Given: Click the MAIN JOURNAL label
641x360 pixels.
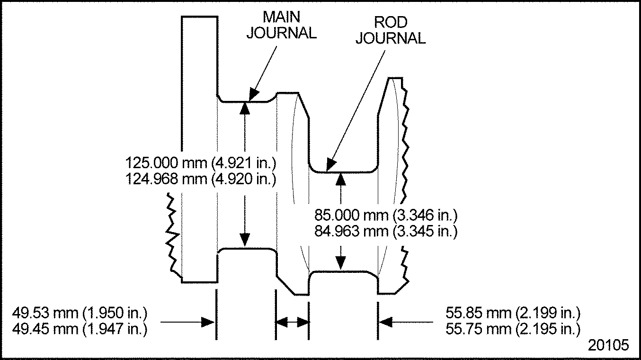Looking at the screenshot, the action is tap(282, 25).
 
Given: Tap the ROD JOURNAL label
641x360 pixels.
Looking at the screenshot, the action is tap(391, 30).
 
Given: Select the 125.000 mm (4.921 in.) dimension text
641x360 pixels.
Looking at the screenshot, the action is tap(201, 163).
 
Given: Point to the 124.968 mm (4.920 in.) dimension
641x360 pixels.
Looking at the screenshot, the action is tap(201, 179).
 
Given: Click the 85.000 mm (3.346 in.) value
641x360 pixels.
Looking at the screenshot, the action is tap(386, 215).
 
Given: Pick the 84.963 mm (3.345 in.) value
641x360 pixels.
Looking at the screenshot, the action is tap(386, 231).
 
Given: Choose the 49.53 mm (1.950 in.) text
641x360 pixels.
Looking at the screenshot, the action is tap(80, 313).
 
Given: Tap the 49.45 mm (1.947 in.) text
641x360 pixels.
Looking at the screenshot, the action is tap(80, 329).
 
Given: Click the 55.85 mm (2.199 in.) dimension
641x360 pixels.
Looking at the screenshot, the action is tap(513, 313).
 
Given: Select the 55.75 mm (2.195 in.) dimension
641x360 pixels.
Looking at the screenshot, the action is tap(513, 329).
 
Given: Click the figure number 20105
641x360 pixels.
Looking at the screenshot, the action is tap(608, 345).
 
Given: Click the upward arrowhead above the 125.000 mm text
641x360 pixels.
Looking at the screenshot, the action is tap(245, 108).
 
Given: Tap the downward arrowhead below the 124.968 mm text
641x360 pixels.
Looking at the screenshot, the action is tap(245, 240).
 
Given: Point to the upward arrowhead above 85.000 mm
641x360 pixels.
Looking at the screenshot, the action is tap(340, 179).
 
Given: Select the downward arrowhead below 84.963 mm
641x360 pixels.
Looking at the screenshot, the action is tap(340, 263).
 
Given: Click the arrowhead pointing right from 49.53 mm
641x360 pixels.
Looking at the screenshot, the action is tap(208, 322).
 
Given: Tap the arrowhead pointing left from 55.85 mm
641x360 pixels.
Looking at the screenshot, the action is tap(386, 322).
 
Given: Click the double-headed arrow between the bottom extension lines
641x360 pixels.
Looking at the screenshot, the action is tap(292, 322).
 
